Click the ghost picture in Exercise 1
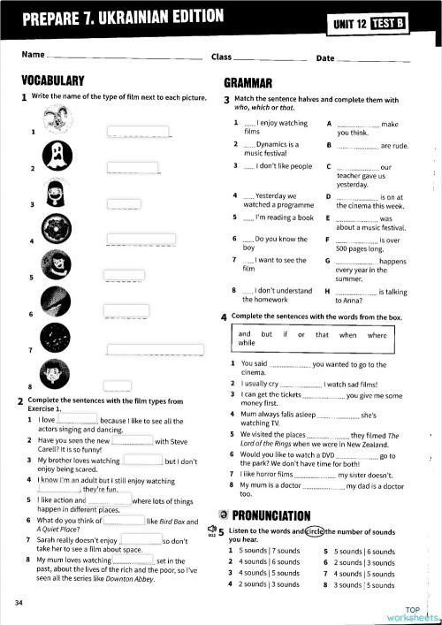[56, 154]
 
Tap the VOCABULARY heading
[52, 80]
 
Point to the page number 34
[19, 603]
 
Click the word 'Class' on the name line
[221, 57]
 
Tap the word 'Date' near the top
[325, 57]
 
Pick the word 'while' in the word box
[247, 342]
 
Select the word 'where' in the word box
[377, 334]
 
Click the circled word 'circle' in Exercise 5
[313, 530]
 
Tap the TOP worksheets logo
[412, 612]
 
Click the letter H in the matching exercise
[329, 290]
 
